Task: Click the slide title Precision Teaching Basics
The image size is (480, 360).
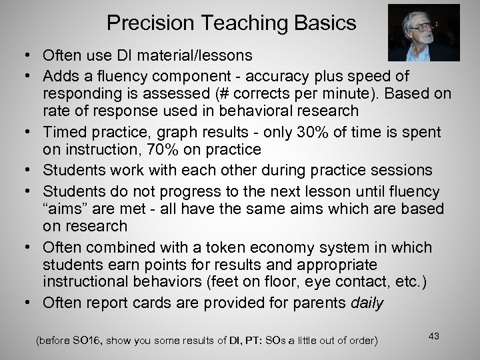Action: click(x=231, y=23)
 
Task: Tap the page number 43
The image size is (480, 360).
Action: click(x=435, y=335)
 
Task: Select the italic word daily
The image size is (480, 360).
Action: click(x=367, y=303)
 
